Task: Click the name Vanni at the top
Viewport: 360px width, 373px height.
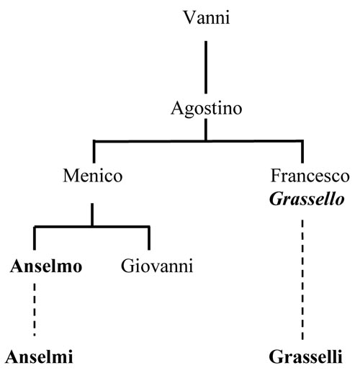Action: (x=207, y=17)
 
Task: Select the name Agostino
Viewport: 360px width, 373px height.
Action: (x=207, y=109)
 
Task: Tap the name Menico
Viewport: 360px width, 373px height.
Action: (x=93, y=176)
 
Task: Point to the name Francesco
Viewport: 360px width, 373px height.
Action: (x=310, y=176)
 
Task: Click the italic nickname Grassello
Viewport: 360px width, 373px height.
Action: (x=307, y=199)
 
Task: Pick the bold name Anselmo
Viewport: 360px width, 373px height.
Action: (x=46, y=266)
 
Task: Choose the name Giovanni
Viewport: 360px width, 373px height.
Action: (x=157, y=266)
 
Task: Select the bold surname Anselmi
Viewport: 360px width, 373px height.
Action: (x=39, y=356)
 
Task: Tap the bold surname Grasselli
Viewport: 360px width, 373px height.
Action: (x=305, y=356)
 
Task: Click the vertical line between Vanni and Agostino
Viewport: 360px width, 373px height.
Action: (x=206, y=67)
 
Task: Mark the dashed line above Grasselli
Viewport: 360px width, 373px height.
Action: (x=302, y=280)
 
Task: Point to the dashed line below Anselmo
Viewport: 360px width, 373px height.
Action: (x=35, y=310)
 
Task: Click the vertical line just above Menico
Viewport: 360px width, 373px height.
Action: (x=94, y=152)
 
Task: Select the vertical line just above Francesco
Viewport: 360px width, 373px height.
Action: (x=302, y=152)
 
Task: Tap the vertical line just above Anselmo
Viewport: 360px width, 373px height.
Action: (x=35, y=238)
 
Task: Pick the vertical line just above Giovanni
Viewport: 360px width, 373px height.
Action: (x=149, y=238)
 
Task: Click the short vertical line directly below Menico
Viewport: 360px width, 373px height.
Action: (x=92, y=215)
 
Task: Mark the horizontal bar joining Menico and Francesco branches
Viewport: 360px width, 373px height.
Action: (x=198, y=141)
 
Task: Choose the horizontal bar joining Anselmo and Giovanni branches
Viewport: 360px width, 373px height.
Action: (x=92, y=226)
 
